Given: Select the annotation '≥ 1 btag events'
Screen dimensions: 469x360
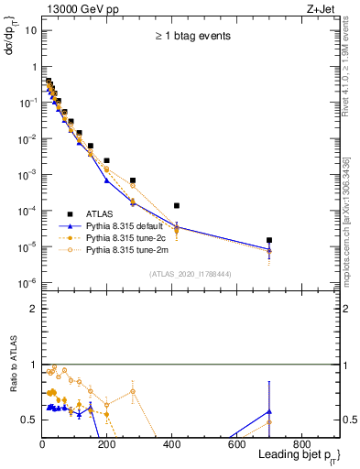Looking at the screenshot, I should pos(191,36).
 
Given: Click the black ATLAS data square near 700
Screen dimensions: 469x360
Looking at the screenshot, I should pos(268,240).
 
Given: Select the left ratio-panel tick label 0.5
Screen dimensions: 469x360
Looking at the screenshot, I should pos(28,420).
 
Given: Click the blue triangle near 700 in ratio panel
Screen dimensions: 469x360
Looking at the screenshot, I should pos(268,411).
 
